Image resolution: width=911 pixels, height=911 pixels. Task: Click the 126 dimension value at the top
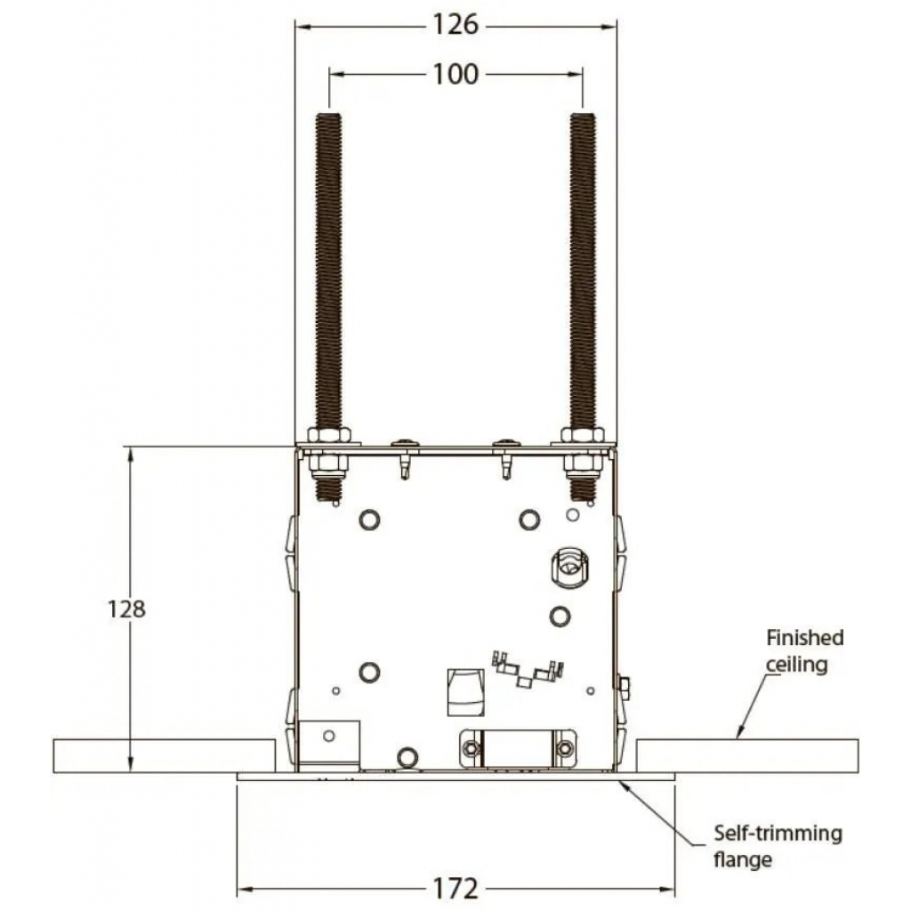tap(455, 25)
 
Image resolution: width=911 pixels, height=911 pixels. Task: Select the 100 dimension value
tap(455, 75)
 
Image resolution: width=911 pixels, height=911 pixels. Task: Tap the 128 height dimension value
tap(126, 609)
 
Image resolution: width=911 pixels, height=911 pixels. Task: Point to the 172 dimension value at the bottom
tap(455, 889)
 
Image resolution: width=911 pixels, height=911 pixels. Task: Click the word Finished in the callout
tap(804, 637)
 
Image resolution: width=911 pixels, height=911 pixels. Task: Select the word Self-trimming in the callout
tap(778, 833)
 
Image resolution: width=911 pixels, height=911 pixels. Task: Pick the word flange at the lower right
tap(743, 859)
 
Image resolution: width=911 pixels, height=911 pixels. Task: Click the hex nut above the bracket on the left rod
tap(329, 436)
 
